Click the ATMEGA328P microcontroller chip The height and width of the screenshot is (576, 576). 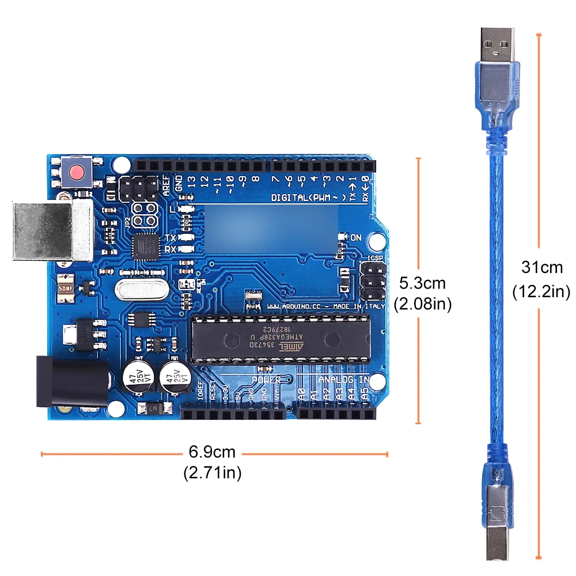(x=280, y=339)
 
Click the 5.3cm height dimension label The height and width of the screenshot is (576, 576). (x=423, y=283)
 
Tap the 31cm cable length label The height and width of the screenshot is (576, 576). (x=541, y=268)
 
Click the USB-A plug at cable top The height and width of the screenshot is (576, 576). (x=496, y=49)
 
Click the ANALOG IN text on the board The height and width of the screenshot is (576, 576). (x=344, y=380)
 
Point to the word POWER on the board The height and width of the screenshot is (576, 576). (x=266, y=380)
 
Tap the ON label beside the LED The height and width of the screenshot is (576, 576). (x=356, y=237)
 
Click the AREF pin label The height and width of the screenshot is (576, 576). (x=167, y=185)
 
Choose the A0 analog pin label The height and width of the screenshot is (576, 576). (x=301, y=395)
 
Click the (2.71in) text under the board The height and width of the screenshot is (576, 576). (x=212, y=473)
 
